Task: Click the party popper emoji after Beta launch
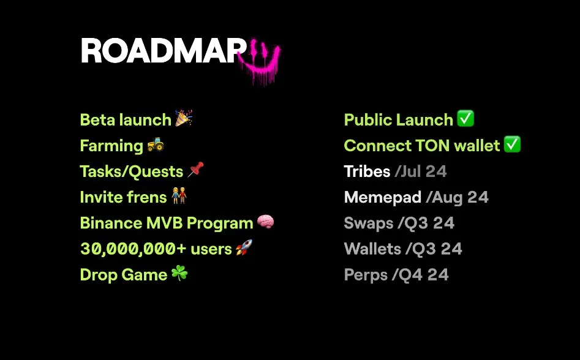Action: (184, 118)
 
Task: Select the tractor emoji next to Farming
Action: (156, 144)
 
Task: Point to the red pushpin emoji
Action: (195, 170)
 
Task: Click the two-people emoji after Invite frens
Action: (179, 196)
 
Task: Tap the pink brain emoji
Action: (265, 222)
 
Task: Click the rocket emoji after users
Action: (244, 247)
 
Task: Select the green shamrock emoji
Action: (179, 274)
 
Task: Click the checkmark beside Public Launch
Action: (465, 119)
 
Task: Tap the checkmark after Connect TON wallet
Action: (512, 144)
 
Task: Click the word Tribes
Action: (367, 171)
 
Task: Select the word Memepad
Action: (382, 197)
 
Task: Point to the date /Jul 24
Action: (421, 171)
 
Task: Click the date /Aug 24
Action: (457, 198)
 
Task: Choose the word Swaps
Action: (369, 223)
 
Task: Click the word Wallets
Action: (372, 249)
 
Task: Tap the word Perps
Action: (366, 276)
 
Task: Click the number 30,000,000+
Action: (133, 249)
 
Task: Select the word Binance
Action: (111, 223)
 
